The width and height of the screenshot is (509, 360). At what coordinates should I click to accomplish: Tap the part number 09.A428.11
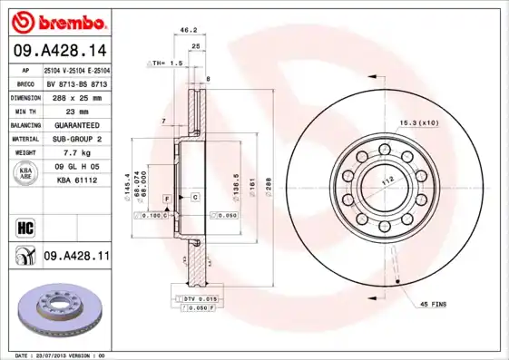click(x=77, y=257)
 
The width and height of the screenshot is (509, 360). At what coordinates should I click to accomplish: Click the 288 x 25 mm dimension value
click(x=77, y=95)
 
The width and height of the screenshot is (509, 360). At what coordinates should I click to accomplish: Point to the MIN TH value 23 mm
click(x=77, y=110)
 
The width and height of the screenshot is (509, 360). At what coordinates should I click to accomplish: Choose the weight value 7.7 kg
click(x=77, y=153)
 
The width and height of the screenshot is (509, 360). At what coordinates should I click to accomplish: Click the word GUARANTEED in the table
click(x=77, y=124)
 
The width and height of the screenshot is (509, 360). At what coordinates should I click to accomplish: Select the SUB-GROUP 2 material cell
click(x=77, y=139)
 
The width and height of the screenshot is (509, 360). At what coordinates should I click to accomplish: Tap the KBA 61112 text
click(x=77, y=180)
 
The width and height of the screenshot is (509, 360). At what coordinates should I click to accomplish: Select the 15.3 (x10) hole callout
click(x=419, y=122)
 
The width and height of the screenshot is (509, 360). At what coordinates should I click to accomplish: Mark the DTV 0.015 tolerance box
click(x=200, y=298)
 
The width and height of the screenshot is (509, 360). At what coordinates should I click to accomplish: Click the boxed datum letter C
click(x=194, y=197)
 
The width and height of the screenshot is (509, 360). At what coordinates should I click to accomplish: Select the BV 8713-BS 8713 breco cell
click(x=77, y=82)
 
